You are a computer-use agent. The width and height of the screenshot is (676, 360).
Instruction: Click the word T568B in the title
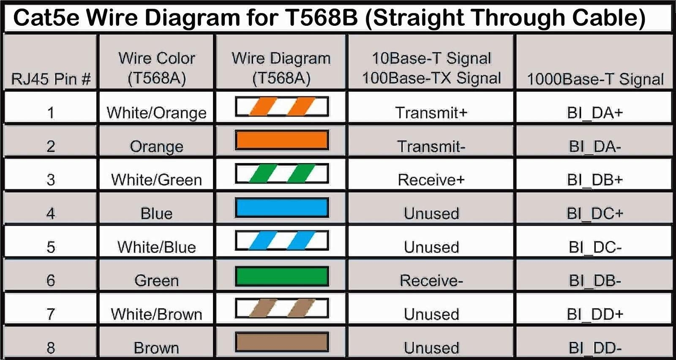[x=321, y=17]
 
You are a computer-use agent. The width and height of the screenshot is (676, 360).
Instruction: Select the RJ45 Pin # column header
[x=51, y=79]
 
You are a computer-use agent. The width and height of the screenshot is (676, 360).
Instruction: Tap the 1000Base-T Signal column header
[x=595, y=79]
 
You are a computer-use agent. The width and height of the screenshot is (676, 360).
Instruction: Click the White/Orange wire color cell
[x=157, y=113]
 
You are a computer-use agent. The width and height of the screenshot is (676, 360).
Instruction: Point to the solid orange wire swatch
[x=282, y=140]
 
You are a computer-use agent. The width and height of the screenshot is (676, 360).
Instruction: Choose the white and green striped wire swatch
[x=282, y=174]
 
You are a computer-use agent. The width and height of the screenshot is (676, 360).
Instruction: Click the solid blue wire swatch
[x=282, y=207]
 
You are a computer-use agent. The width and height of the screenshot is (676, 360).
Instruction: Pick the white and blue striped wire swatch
[x=282, y=240]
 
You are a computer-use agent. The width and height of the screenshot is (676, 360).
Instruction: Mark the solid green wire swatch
[x=282, y=276]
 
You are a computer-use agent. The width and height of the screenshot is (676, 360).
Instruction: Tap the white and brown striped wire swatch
[x=282, y=308]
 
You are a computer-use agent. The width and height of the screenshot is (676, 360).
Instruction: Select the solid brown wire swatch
[x=282, y=342]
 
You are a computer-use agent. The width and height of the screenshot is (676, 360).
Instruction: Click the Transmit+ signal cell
[x=431, y=113]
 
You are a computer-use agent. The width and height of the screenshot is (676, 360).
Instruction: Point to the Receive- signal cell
[x=431, y=281]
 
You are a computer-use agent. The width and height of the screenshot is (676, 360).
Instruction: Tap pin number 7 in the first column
[x=51, y=314]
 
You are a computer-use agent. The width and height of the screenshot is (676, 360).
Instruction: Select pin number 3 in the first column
[x=51, y=180]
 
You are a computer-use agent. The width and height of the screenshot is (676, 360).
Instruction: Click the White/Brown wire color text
[x=157, y=314]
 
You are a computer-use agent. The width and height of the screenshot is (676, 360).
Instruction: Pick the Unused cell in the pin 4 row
[x=431, y=214]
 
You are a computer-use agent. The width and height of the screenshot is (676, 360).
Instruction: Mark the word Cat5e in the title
[x=46, y=17]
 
